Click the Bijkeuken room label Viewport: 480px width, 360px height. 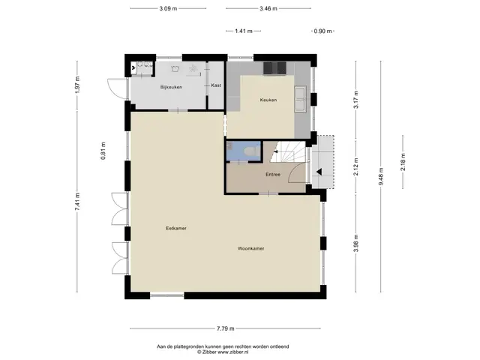click(171, 87)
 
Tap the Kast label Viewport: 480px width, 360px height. click(216, 85)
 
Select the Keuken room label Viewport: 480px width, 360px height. click(268, 100)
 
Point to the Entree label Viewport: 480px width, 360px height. click(273, 175)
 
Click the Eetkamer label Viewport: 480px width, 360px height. click(176, 228)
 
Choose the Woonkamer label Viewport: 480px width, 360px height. click(251, 248)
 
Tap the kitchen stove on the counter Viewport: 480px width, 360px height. click(274, 68)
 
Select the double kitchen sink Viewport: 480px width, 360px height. click(300, 98)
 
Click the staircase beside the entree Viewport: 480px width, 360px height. click(288, 151)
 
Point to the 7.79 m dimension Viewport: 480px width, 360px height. click(226, 328)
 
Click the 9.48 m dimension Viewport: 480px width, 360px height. click(381, 177)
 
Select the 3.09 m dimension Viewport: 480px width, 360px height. click(168, 8)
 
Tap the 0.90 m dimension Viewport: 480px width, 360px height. click(323, 31)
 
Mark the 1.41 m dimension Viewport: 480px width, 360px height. click(244, 31)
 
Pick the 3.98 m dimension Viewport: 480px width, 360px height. click(356, 243)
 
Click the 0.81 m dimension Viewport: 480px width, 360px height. click(103, 151)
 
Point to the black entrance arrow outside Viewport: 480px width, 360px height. click(319, 172)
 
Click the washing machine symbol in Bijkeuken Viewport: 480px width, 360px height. click(175, 68)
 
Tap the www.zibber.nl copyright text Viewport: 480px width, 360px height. click(223, 352)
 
